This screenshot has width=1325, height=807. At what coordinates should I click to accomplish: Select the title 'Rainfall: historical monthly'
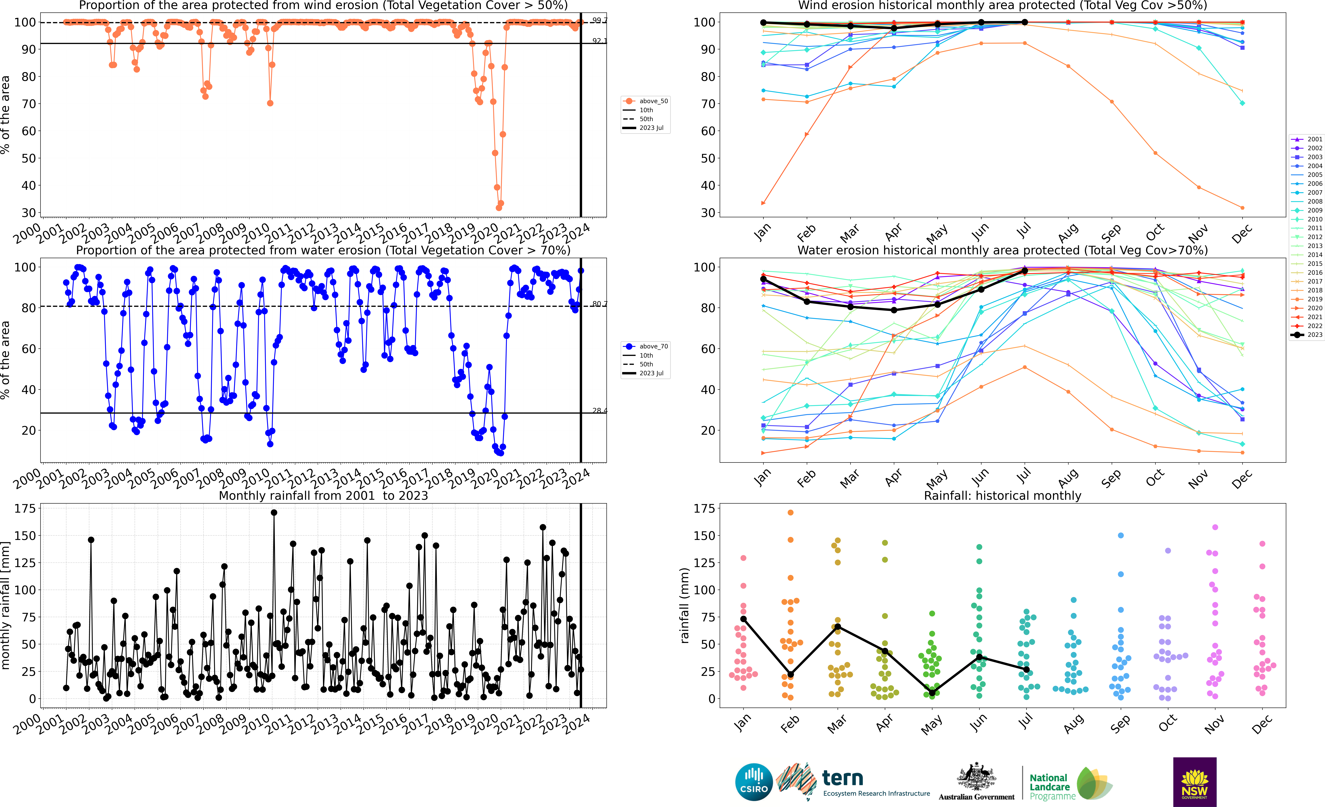pyautogui.click(x=1002, y=496)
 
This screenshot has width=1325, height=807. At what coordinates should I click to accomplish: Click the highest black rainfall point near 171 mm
pyautogui.click(x=274, y=513)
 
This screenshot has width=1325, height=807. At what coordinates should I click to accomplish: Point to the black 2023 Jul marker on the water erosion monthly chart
pyautogui.click(x=1024, y=271)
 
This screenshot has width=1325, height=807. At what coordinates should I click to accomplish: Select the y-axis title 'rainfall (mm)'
pyautogui.click(x=684, y=605)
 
